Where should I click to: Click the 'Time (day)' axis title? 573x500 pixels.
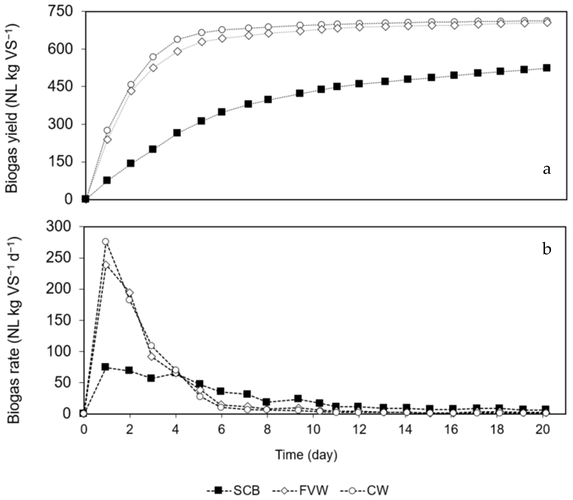(x=306, y=455)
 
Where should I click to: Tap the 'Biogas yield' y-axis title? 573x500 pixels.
(x=12, y=108)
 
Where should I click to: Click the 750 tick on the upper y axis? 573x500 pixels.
(x=61, y=12)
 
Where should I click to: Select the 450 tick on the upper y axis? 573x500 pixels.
(x=61, y=86)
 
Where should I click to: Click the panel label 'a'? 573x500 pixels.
(x=547, y=169)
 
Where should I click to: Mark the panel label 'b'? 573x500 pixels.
(x=547, y=249)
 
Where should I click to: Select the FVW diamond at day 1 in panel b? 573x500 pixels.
(x=106, y=264)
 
